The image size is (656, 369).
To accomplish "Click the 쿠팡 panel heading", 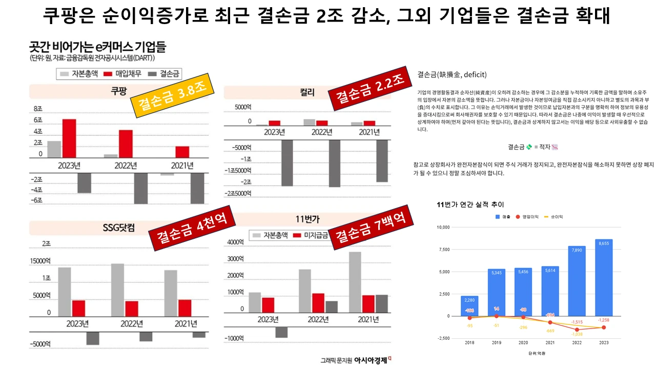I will (119, 92).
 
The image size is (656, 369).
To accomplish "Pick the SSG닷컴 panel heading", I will (118, 228).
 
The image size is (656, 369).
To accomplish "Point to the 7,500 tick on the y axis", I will (442, 250).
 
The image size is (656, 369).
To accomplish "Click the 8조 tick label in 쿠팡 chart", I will (38, 109).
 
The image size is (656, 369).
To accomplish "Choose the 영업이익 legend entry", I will (527, 217).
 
